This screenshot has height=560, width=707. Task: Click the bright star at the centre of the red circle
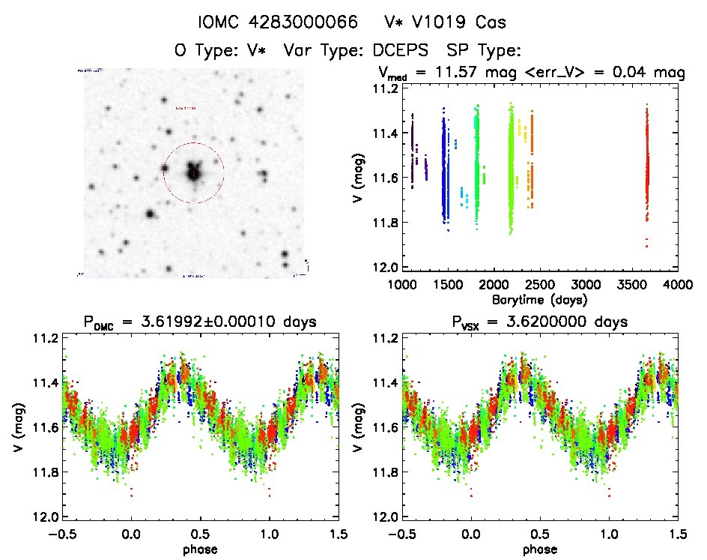click(194, 172)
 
